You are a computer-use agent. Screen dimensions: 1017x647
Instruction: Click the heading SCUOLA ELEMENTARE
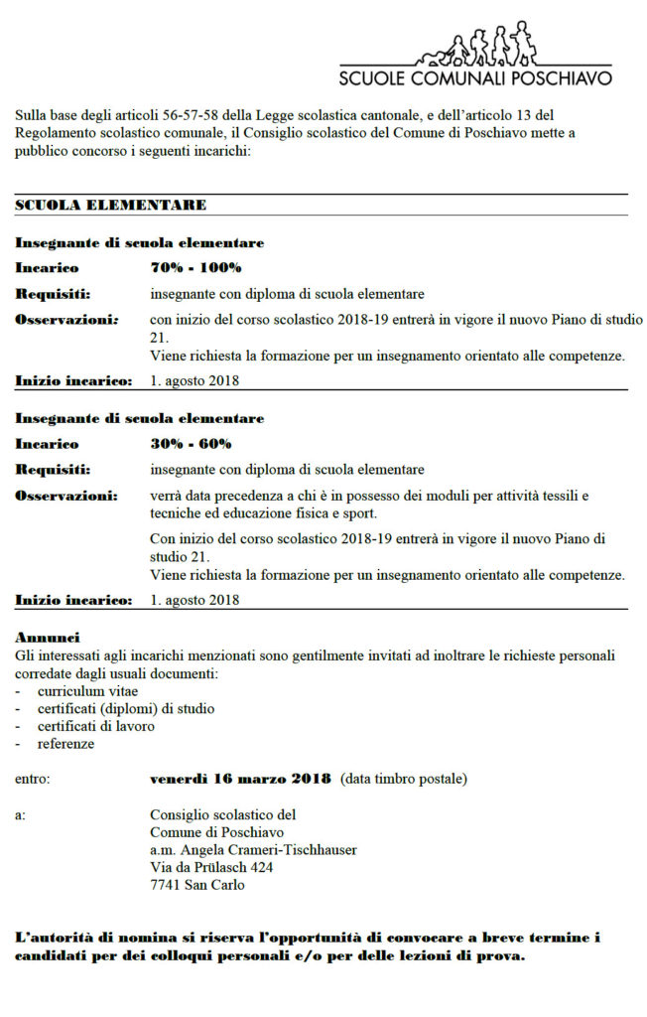click(111, 205)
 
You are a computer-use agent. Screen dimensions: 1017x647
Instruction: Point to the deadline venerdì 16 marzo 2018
click(241, 779)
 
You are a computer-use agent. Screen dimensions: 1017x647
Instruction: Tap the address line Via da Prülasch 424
click(211, 867)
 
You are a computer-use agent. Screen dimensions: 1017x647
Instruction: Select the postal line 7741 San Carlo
click(196, 885)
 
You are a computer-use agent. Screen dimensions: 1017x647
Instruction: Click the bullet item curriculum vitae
click(87, 690)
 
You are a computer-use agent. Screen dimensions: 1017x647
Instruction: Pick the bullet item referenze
click(66, 744)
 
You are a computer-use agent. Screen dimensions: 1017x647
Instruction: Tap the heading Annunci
click(48, 637)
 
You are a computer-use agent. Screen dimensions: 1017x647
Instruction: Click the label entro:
click(33, 779)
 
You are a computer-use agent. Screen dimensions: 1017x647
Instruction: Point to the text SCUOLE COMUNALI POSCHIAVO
click(475, 77)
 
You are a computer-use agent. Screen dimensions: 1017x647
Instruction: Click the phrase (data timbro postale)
click(403, 779)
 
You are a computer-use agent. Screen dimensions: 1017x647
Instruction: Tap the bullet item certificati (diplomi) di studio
click(126, 708)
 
